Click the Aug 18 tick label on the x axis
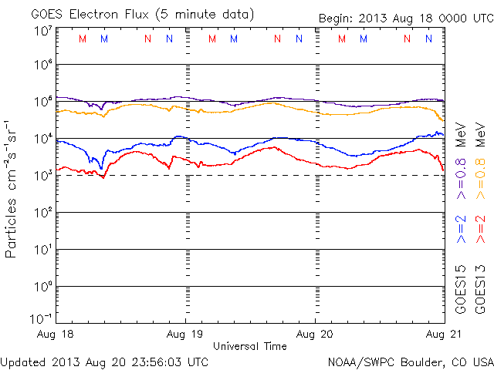[x=56, y=334]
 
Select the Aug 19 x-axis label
[x=185, y=334]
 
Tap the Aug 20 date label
[x=315, y=334]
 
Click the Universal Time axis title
[x=249, y=346]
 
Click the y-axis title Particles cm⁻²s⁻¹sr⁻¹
[x=12, y=188]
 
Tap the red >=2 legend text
[x=481, y=230]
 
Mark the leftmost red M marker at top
[x=83, y=39]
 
